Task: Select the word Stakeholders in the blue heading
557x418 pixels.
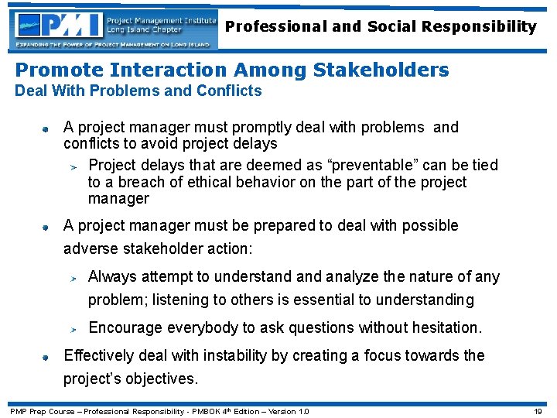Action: (x=381, y=70)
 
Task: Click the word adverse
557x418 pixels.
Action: (x=92, y=249)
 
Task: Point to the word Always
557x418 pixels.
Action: (x=113, y=276)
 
